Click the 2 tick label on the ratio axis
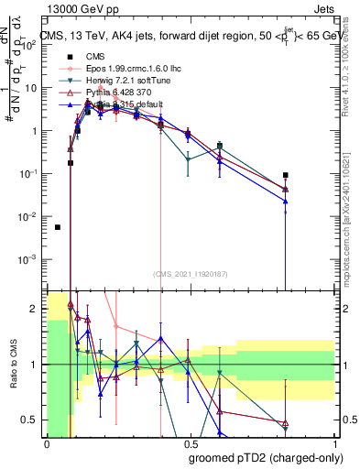coord(34,309)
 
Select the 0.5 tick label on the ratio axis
coord(29,420)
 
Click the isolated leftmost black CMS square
coord(58,227)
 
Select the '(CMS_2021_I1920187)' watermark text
coord(190,274)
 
